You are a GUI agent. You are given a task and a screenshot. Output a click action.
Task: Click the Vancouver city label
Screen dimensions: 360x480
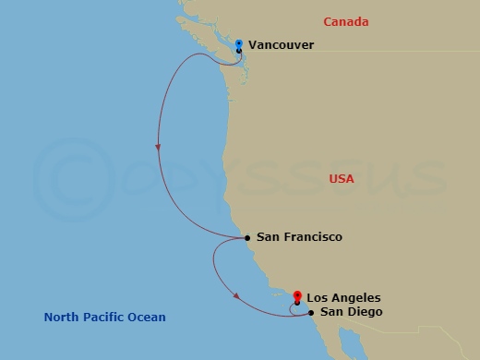pyautogui.click(x=282, y=44)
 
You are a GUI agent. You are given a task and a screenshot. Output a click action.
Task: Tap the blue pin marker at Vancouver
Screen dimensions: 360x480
pyautogui.click(x=239, y=43)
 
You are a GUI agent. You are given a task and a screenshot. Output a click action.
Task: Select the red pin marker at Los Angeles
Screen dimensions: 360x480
pyautogui.click(x=297, y=296)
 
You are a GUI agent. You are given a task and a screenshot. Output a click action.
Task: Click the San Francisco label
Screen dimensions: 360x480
pyautogui.click(x=299, y=237)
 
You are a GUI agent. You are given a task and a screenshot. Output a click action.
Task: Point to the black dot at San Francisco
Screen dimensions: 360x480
pyautogui.click(x=247, y=237)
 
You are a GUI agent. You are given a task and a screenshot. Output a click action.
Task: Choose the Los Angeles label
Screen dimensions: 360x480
pyautogui.click(x=342, y=297)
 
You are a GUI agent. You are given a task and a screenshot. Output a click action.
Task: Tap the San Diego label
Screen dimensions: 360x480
pyautogui.click(x=351, y=312)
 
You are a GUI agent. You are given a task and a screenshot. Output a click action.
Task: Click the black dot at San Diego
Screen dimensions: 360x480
pyautogui.click(x=312, y=312)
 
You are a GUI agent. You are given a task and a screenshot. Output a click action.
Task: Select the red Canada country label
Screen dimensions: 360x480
pyautogui.click(x=346, y=21)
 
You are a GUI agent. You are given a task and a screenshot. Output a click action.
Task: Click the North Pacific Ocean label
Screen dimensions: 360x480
pyautogui.click(x=105, y=318)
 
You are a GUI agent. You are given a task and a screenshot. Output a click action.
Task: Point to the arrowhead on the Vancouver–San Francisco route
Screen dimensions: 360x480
pyautogui.click(x=159, y=148)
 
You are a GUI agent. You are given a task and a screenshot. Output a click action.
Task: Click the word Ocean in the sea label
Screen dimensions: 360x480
pyautogui.click(x=148, y=318)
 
